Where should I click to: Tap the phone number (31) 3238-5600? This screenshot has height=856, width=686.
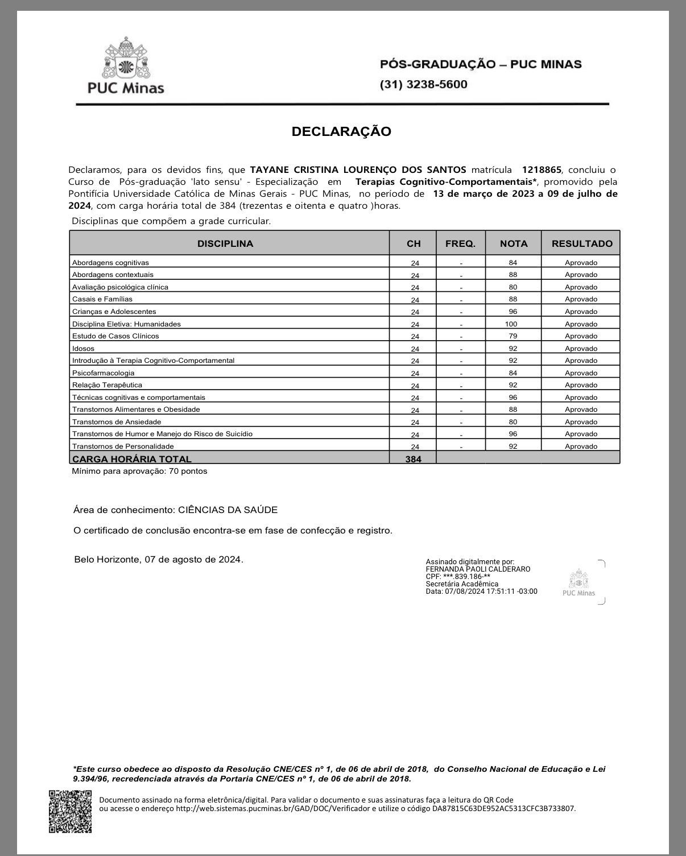pos(423,85)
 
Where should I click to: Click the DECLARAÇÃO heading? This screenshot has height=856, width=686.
pos(341,131)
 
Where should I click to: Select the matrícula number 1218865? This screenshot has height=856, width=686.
pos(542,169)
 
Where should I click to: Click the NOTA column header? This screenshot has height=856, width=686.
pos(513,243)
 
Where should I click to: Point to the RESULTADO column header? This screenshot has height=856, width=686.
pos(581,243)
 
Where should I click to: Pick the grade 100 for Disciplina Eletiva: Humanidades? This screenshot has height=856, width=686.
pos(513,324)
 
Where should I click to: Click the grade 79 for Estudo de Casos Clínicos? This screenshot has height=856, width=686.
pos(513,336)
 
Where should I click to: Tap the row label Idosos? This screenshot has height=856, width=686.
pos(84,349)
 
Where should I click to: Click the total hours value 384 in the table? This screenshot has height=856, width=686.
pos(413,459)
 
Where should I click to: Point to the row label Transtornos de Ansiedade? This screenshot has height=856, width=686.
pos(117,422)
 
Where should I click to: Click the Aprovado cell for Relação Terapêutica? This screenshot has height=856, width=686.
pos(581,385)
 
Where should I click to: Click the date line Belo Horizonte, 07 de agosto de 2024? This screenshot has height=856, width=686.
pos(159,560)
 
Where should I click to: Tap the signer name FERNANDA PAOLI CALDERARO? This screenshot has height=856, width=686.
pos(478,569)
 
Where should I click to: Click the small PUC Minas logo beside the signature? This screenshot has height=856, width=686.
pos(578,582)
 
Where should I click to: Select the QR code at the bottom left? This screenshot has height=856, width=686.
pos(70,812)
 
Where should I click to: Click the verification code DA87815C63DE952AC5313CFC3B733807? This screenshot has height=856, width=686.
pos(503,808)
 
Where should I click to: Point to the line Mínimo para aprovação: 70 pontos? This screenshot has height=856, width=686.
pos(139,472)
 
